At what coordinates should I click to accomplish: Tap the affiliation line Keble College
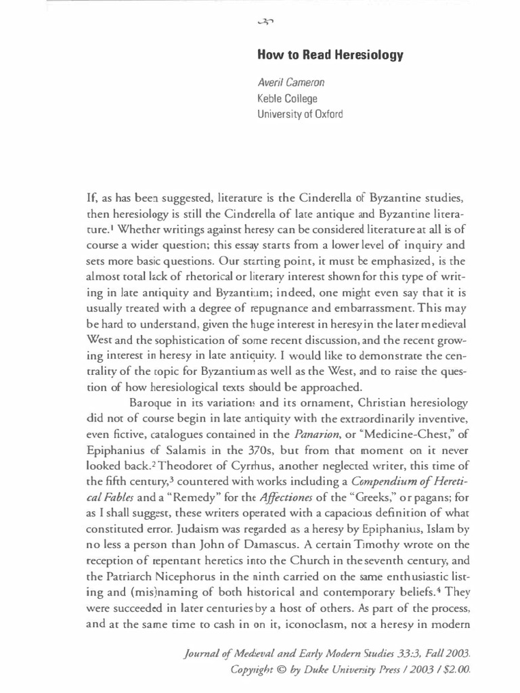click(x=288, y=99)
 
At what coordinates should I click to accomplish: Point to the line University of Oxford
click(x=300, y=114)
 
